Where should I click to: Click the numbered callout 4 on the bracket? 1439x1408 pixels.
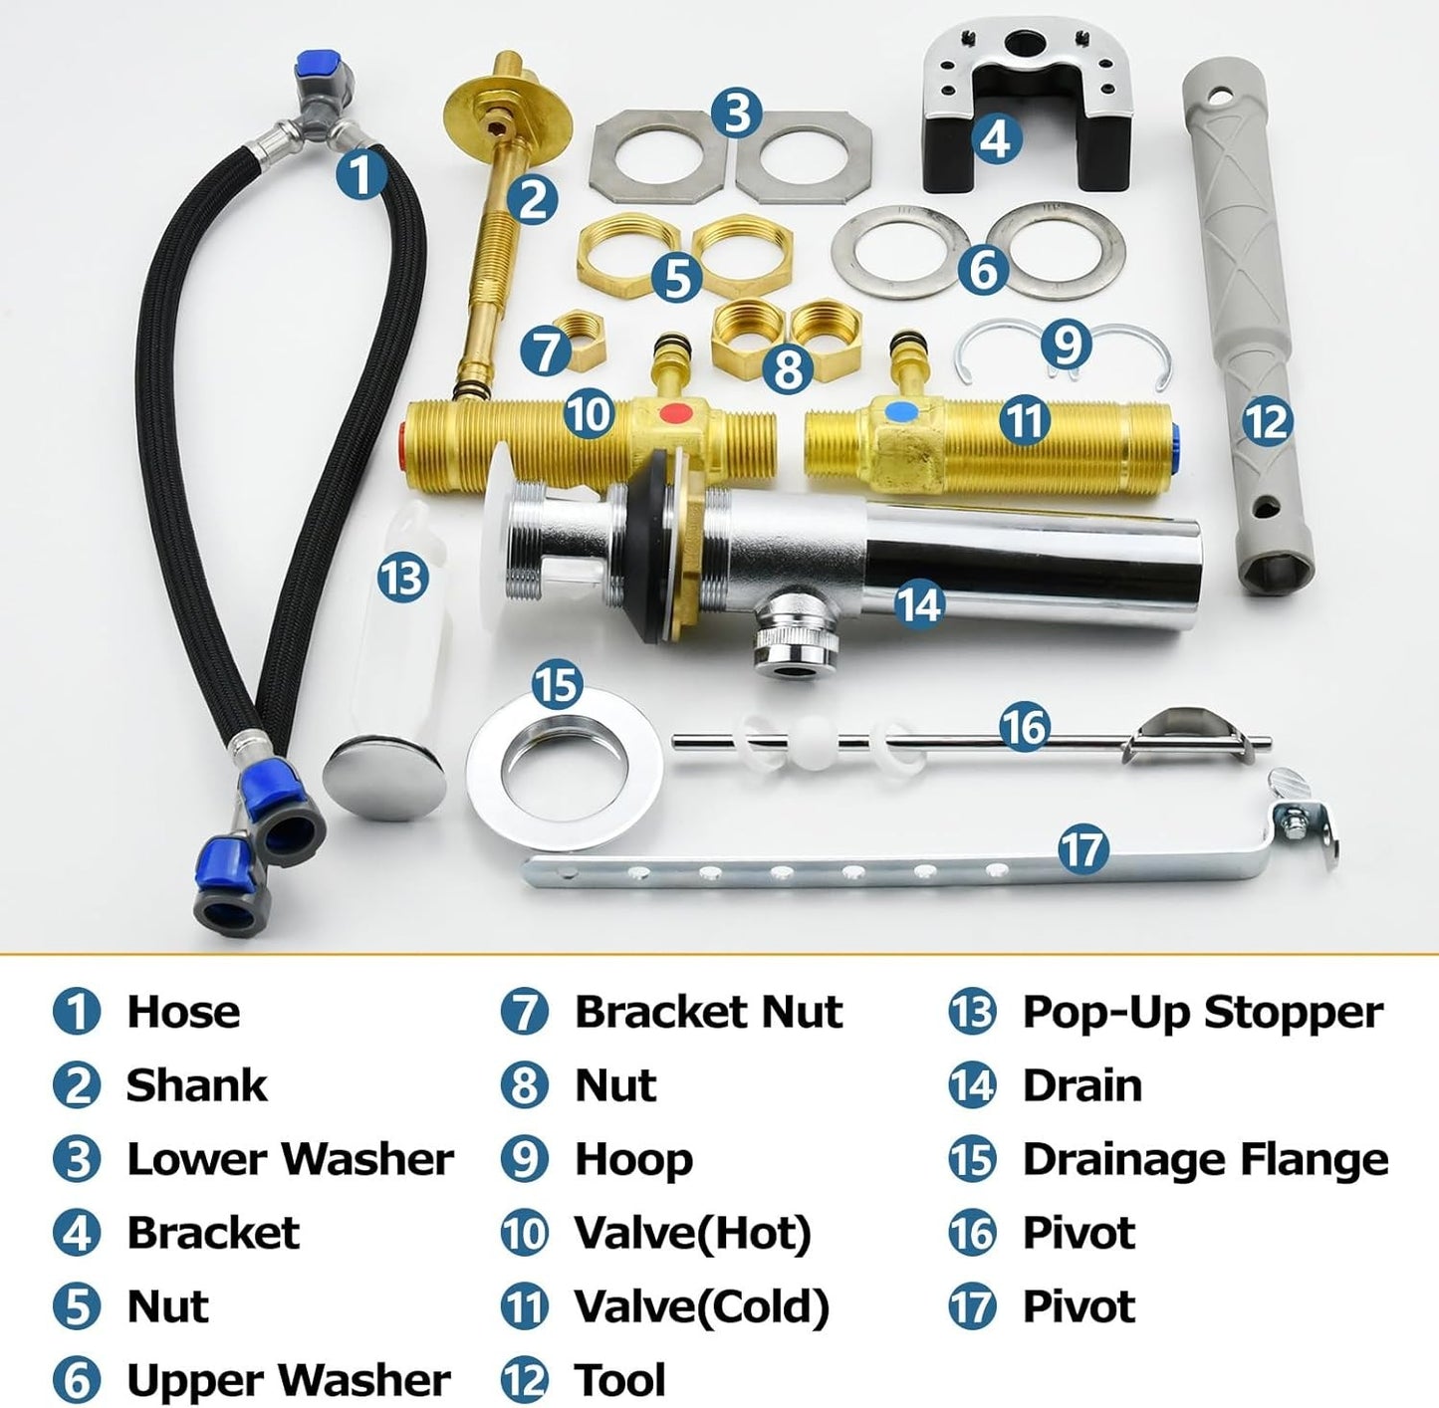[995, 138]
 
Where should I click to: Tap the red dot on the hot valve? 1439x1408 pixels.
[678, 412]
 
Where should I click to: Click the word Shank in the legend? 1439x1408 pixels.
[196, 1085]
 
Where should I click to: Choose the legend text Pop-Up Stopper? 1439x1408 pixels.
[1202, 1012]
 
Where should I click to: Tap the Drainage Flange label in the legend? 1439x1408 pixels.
[1205, 1159]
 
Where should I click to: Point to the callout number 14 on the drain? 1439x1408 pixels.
[918, 603]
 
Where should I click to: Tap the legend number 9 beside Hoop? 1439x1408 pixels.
[524, 1159]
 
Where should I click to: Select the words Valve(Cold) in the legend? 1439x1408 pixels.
[701, 1306]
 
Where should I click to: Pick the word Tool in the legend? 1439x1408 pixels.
[619, 1380]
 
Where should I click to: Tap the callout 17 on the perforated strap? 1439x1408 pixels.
[1082, 849]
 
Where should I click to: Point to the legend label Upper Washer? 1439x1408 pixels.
[288, 1380]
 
